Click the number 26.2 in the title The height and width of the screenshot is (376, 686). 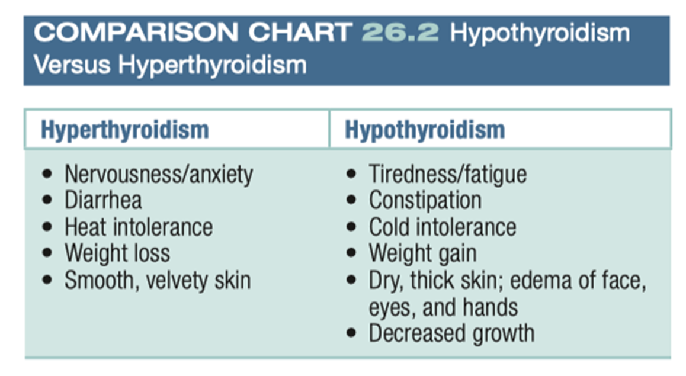pos(400,33)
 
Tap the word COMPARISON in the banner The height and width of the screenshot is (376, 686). pos(136,33)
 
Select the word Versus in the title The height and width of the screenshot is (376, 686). pos(72,65)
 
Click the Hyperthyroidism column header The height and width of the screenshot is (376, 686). pos(124,130)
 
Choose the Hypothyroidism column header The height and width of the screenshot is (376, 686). pos(425,130)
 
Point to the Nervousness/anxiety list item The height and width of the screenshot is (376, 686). pos(159,174)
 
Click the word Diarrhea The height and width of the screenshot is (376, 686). pos(103,200)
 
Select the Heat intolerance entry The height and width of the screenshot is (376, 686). pos(139,227)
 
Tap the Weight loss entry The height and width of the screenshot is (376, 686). pos(117,253)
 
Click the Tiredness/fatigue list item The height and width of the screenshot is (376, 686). pos(448,174)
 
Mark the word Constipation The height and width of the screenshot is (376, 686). pos(425,200)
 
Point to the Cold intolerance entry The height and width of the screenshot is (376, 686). pos(443,227)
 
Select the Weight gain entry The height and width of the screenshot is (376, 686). pos(422,253)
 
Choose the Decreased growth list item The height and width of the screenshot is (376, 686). pos(451,333)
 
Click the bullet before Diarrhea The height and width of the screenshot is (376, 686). pos(47,200)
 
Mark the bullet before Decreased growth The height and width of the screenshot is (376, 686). pos(351,333)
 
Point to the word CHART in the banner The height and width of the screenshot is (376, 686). pos(300,33)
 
